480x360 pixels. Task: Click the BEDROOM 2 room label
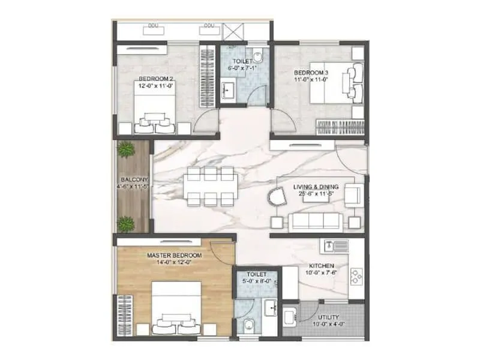[x=156, y=79]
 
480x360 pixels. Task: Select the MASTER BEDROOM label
[x=175, y=256]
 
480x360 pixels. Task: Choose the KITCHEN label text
[x=322, y=265]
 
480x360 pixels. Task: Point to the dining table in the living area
[x=209, y=187]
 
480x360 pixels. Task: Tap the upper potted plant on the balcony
[x=126, y=150]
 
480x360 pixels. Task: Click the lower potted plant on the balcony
[x=125, y=224]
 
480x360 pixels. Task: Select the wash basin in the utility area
[x=290, y=317]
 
